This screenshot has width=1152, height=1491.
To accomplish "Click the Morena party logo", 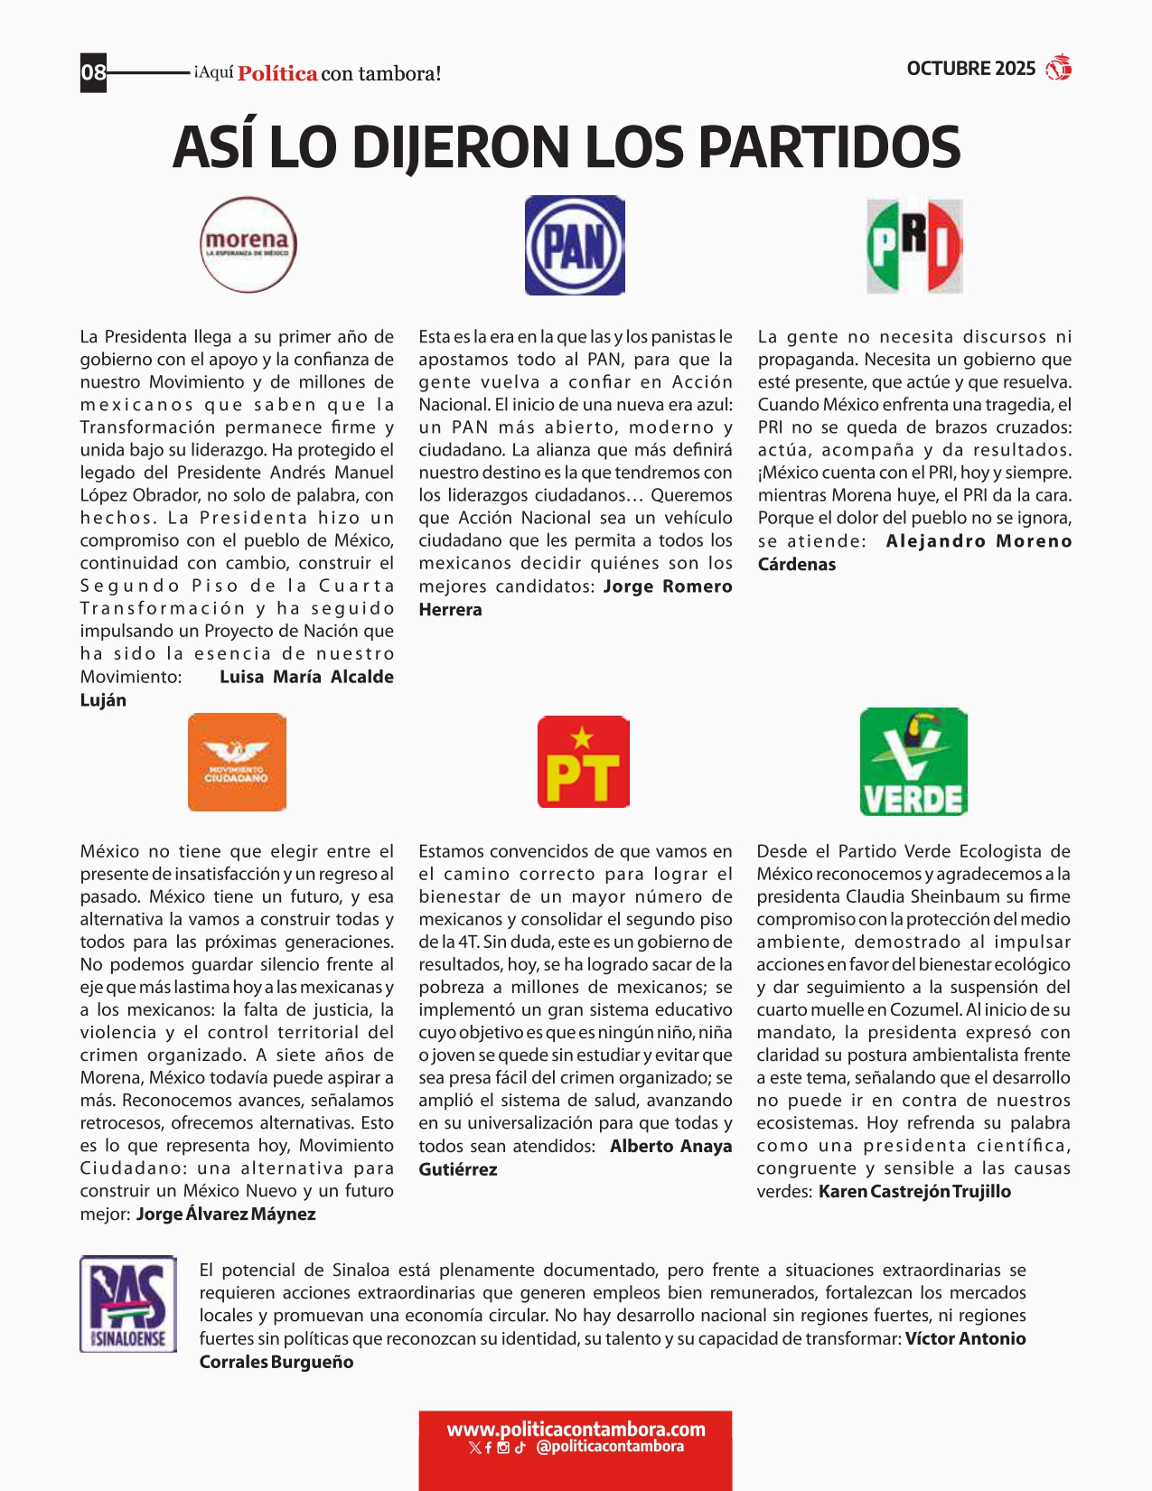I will tap(248, 245).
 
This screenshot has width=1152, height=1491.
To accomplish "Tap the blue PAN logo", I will tap(575, 246).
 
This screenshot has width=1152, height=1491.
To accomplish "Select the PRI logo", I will tap(914, 246).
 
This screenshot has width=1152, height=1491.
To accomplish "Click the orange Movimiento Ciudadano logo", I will tap(237, 762).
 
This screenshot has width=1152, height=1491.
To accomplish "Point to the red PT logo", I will tap(583, 762).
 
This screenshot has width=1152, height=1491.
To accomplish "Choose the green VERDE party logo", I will tap(913, 762).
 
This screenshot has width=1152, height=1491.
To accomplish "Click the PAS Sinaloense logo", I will tap(128, 1303).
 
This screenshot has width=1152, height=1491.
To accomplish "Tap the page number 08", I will tap(93, 72).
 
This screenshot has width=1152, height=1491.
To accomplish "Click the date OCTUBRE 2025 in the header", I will tap(970, 69).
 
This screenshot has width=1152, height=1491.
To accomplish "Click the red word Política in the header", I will tap(277, 74).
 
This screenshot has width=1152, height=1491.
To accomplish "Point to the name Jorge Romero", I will tap(668, 586).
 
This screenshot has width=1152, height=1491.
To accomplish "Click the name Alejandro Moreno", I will tap(979, 541).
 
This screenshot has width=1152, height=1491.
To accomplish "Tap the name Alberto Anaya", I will tap(670, 1147).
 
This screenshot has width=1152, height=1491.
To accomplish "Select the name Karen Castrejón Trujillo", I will tap(914, 1192).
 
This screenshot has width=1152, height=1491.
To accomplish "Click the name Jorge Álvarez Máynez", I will tap(226, 1214).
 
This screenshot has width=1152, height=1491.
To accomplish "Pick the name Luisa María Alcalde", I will tap(306, 677).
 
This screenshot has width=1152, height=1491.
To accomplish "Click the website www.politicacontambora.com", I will tap(576, 1430).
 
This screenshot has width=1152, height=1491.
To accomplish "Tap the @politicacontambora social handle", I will tap(610, 1447).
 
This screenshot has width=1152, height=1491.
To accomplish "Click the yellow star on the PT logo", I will tap(583, 737).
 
